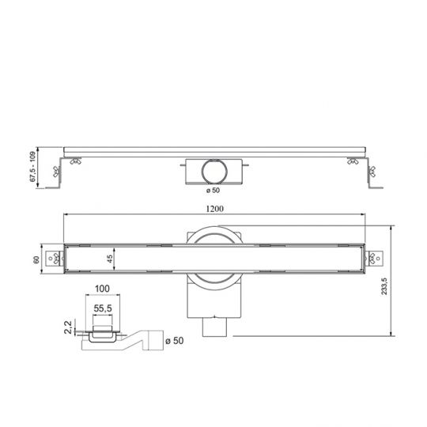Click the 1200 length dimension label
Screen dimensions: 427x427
213,209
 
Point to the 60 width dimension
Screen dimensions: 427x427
36,258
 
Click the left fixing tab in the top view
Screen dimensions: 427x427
55,258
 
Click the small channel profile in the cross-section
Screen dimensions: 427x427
101,333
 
